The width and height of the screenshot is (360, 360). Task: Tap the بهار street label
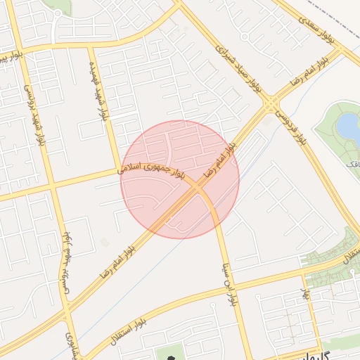pyautogui.click(x=306, y=294)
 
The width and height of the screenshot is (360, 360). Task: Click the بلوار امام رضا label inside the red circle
pyautogui.click(x=218, y=161)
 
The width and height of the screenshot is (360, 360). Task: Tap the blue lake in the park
pyautogui.click(x=347, y=125)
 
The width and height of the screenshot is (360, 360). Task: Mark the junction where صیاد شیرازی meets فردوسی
pyautogui.click(x=271, y=105)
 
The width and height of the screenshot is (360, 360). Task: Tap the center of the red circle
pyautogui.click(x=180, y=179)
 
